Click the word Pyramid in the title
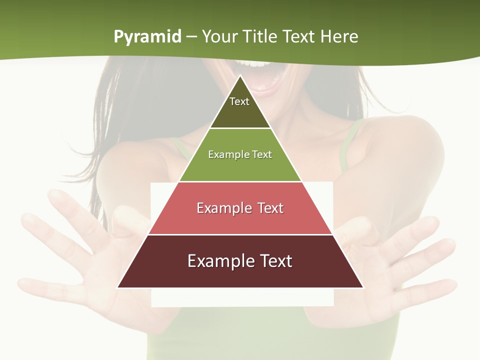147,37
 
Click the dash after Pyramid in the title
191,37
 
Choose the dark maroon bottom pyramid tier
240,275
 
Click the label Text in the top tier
239,101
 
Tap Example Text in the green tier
240,154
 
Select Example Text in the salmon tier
240,208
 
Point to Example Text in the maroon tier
240,261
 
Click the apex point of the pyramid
240,75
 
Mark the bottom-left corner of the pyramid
117,287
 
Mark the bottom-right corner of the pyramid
363,287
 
